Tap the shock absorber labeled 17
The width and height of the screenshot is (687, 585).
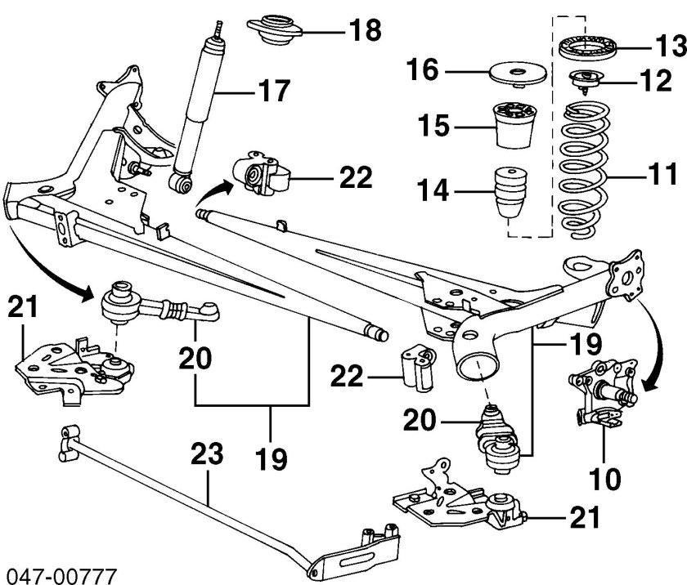[x=200, y=106]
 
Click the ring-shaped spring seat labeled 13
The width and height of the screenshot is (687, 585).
[x=588, y=47]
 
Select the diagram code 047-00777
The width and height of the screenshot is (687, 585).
[x=59, y=573]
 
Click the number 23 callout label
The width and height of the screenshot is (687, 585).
[x=208, y=454]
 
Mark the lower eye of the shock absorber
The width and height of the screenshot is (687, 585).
[x=184, y=185]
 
